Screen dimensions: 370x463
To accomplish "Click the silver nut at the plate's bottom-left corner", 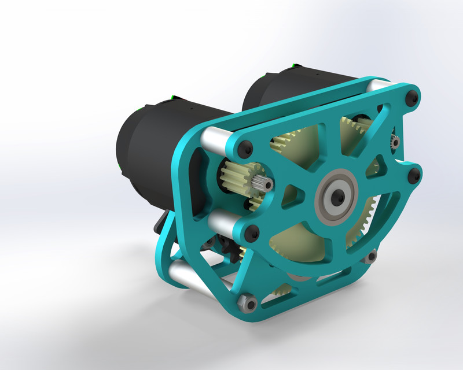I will [x=247, y=302].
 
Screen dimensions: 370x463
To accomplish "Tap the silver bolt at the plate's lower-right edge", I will [x=372, y=254].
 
